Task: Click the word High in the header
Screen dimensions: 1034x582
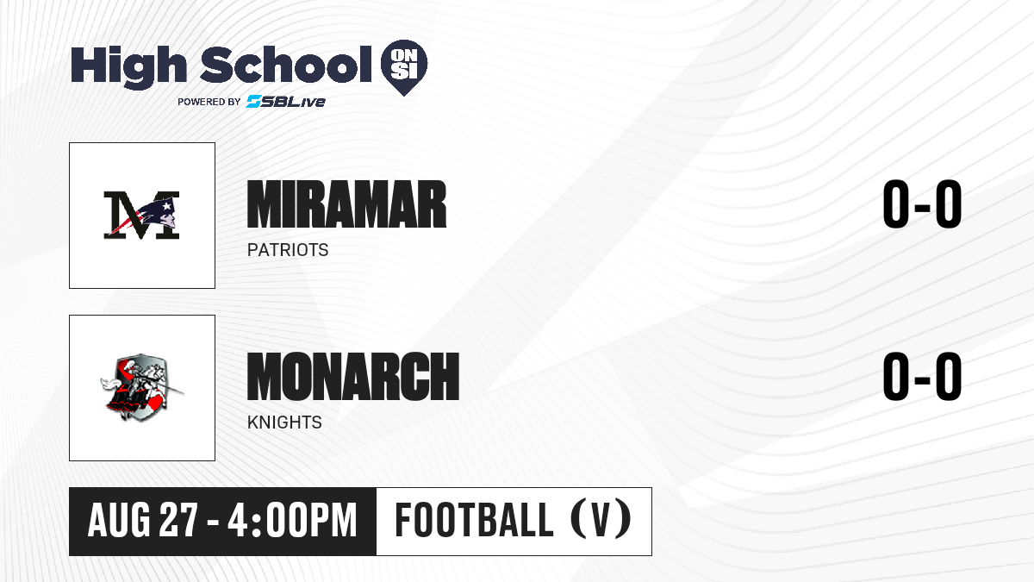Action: [128, 66]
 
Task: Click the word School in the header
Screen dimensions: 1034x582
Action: [286, 64]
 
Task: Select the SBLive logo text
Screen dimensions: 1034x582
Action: [285, 101]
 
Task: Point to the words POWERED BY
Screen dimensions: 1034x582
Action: [209, 102]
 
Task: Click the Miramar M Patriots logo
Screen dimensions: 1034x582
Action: [141, 215]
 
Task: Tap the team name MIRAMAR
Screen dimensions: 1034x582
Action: [346, 204]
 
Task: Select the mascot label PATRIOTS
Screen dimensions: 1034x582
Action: [288, 250]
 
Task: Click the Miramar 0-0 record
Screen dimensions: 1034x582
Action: [922, 204]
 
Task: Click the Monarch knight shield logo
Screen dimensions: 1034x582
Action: [141, 387]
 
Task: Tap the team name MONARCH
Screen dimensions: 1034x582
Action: [353, 377]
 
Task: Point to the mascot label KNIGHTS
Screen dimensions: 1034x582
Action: [284, 422]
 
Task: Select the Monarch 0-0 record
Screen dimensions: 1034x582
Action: [922, 377]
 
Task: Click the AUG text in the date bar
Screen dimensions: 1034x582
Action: [119, 521]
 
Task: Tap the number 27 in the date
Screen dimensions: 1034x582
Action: [178, 521]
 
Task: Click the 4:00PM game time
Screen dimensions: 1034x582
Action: [293, 521]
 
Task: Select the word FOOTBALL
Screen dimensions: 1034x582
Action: [474, 521]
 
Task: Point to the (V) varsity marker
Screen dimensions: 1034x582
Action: [601, 519]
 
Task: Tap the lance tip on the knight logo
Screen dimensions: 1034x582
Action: [182, 393]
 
